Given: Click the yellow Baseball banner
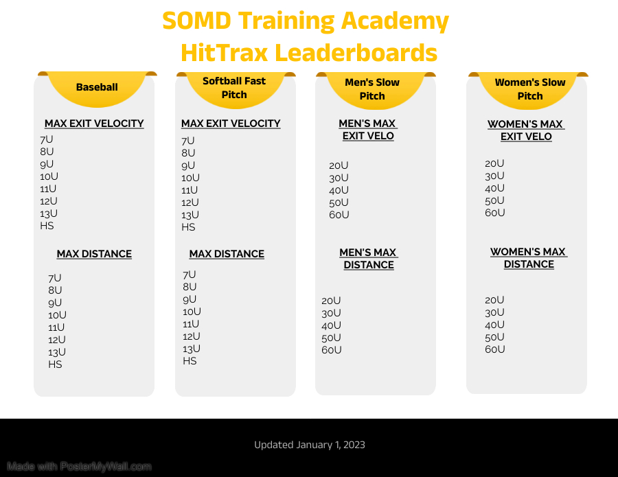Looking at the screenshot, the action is point(97,89).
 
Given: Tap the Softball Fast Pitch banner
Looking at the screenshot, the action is point(236,90).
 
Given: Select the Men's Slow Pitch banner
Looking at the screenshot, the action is point(376,90).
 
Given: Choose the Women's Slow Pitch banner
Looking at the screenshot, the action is point(528,90).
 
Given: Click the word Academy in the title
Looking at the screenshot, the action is point(395,21).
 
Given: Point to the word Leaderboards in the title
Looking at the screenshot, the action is point(356,53).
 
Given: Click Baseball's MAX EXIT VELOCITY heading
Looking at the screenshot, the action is point(94,124).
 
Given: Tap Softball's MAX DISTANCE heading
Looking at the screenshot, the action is point(227,254).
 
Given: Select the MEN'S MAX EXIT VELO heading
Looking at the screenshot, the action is point(368,130).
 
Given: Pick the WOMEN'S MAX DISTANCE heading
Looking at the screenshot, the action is point(529,258).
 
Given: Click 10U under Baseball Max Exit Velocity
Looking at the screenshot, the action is point(49,176).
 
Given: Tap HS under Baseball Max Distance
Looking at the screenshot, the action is point(55,364).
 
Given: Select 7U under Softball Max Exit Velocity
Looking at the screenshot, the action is point(188,141).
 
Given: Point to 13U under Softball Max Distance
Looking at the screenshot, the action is point(192,349).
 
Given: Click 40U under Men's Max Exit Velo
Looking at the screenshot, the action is point(339,190).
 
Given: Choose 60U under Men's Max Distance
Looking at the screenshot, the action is point(332,350).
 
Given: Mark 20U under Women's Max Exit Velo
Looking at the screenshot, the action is point(494,163).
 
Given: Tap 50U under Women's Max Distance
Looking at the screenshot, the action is point(494,337).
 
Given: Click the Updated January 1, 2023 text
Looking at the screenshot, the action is point(310,445).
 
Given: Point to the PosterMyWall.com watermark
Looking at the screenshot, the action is point(79,467).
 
